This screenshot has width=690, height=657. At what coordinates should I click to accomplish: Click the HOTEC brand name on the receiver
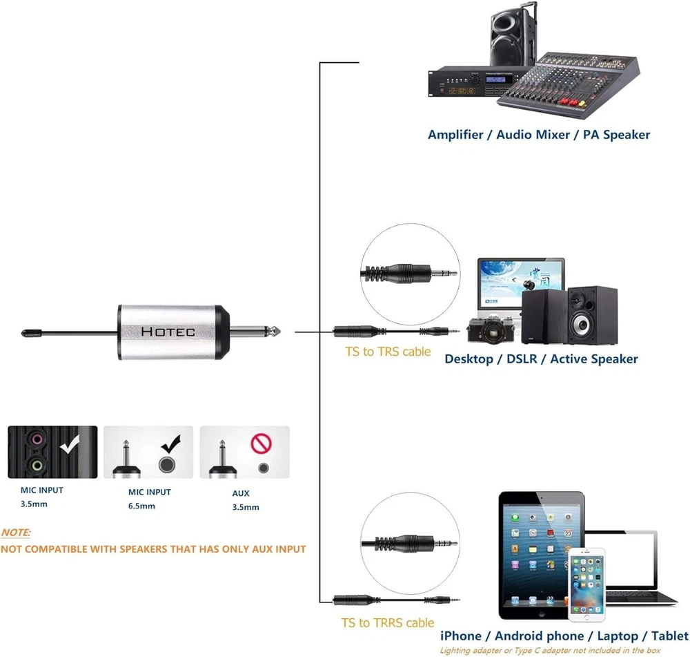(x=168, y=332)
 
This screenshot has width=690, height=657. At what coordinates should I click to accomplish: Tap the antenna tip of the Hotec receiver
(x=26, y=332)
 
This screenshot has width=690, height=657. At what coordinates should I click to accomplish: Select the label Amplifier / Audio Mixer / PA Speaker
(x=538, y=135)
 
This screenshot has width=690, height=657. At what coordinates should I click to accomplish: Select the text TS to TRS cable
(x=388, y=352)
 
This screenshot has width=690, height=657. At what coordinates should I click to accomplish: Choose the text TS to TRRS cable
(x=388, y=622)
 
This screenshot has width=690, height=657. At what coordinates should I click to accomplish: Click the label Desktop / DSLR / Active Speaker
(x=541, y=359)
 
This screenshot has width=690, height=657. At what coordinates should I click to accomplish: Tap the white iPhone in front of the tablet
(x=586, y=584)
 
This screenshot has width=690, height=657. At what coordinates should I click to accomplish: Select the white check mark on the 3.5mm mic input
(x=70, y=444)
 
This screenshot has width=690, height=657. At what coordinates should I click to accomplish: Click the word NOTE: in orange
(x=16, y=533)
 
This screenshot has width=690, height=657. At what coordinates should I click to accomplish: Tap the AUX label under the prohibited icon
(x=241, y=493)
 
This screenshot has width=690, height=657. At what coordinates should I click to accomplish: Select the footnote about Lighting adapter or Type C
(x=550, y=651)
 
